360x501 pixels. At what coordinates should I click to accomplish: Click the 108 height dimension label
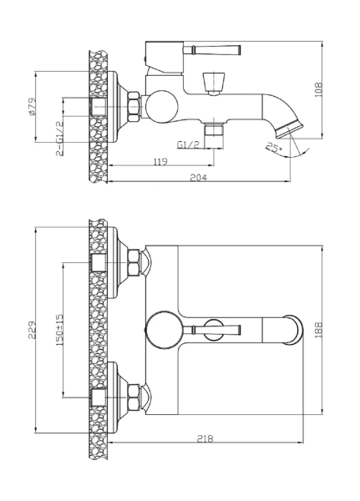tap(319, 90)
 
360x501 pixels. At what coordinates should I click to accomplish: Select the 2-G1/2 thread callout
tap(59, 139)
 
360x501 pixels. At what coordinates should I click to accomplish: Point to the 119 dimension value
tap(160, 162)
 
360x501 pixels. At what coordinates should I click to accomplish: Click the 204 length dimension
tap(199, 178)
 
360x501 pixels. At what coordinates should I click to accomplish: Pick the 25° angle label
tap(274, 148)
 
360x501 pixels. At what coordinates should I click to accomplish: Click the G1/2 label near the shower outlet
tap(188, 144)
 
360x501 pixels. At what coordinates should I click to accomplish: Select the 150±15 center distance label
tap(59, 330)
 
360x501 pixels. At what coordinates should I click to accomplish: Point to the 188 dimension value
tap(318, 330)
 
